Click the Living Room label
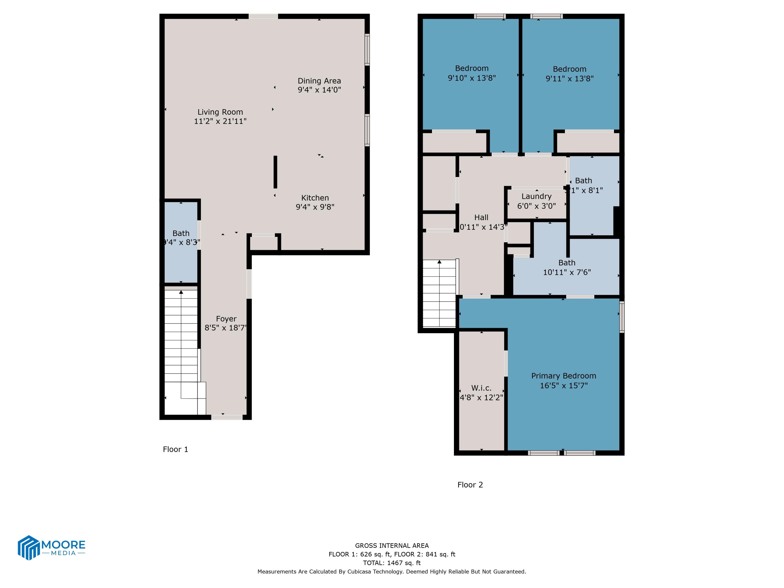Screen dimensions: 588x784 220,112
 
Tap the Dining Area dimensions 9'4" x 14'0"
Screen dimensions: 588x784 319,90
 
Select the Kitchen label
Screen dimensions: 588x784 315,198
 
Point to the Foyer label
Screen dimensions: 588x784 226,319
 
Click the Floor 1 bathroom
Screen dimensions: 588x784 181,245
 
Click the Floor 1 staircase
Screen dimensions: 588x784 181,340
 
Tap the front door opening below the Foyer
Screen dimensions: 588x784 227,417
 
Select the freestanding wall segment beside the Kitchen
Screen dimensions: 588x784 275,172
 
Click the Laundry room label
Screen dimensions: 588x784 536,196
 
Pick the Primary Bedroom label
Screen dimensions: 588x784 563,376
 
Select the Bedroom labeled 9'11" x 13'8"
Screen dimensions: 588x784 569,74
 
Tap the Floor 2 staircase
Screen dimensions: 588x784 439,294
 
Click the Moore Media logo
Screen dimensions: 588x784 51,547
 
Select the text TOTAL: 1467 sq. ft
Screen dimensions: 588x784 392,563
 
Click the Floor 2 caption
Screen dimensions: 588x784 470,485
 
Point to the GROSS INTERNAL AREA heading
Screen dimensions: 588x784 392,546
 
